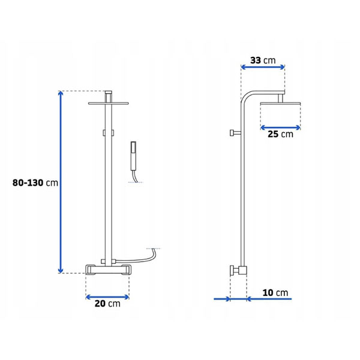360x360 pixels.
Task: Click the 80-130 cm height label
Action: click(x=35, y=183)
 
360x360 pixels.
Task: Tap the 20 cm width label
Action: click(x=107, y=304)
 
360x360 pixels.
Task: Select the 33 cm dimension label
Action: click(x=263, y=61)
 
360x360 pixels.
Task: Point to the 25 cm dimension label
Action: click(x=280, y=134)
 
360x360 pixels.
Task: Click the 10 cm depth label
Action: click(x=275, y=293)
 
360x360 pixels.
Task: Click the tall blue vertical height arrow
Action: click(x=61, y=182)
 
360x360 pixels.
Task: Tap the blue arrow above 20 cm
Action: click(x=107, y=297)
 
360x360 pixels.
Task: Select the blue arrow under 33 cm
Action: click(x=263, y=67)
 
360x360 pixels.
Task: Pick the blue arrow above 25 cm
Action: click(x=280, y=128)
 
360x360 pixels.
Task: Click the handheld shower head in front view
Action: click(x=133, y=156)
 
